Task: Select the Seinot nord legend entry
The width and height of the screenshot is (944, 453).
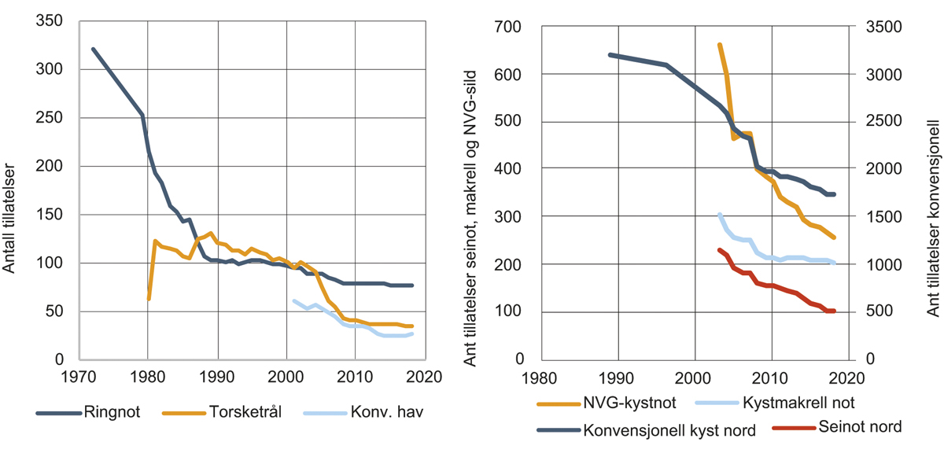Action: pos(858,427)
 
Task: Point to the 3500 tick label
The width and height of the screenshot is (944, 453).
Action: pos(884,28)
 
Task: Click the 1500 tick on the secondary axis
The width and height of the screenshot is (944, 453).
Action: pos(884,216)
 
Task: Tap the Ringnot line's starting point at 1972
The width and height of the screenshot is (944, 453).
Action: pos(93,49)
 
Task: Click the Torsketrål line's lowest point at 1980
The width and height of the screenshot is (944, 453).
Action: pos(149,299)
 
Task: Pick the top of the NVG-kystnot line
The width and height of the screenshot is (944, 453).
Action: pos(719,45)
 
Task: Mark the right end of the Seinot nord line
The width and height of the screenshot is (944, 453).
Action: pos(834,311)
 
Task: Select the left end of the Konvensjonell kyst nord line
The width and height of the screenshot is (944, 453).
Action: pos(610,55)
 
